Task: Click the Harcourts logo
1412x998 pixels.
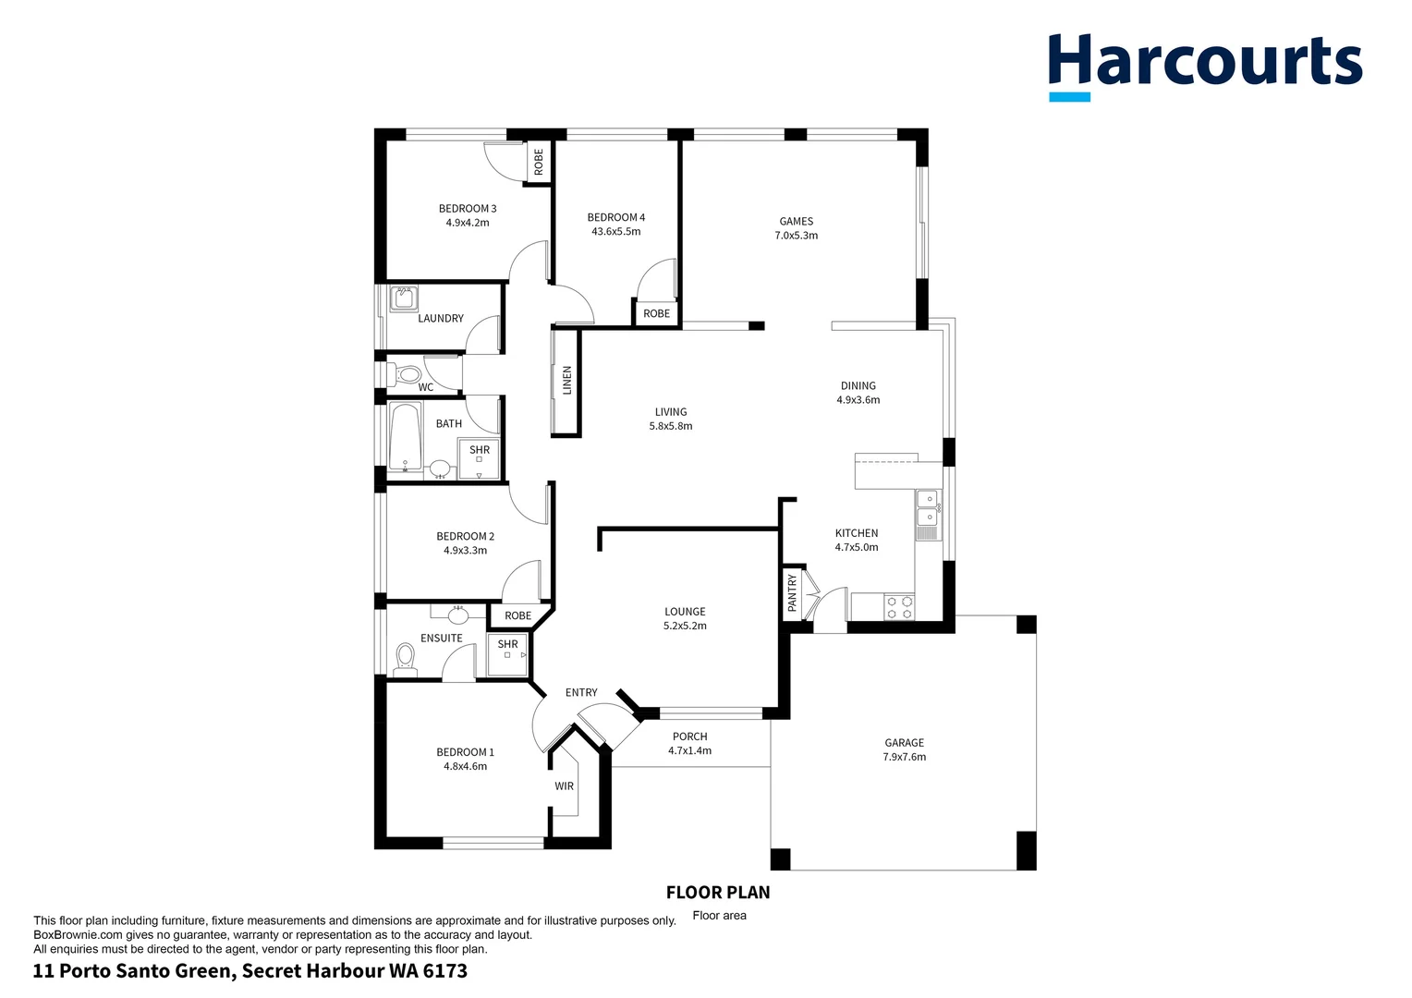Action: click(x=1204, y=65)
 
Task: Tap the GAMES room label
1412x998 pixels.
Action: click(x=796, y=222)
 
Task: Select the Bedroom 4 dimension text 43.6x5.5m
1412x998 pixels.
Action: click(x=615, y=232)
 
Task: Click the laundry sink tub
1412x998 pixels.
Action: click(x=404, y=298)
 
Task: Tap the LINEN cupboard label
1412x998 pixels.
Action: click(x=567, y=381)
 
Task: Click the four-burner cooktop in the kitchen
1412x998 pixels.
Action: click(x=899, y=607)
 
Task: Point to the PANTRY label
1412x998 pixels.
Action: click(x=792, y=592)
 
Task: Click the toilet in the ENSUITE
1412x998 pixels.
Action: click(x=405, y=658)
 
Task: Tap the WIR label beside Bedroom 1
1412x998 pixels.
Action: click(x=564, y=786)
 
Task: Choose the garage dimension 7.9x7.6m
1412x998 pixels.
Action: click(x=904, y=757)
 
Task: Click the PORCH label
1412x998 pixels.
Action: click(x=689, y=736)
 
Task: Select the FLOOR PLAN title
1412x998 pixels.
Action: click(x=718, y=893)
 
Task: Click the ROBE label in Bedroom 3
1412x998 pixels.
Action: click(x=539, y=163)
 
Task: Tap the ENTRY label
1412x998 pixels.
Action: click(x=581, y=692)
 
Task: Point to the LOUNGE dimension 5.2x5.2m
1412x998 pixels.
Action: click(x=685, y=626)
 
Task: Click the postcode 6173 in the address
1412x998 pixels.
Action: click(x=445, y=971)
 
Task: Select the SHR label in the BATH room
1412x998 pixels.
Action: click(x=480, y=450)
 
